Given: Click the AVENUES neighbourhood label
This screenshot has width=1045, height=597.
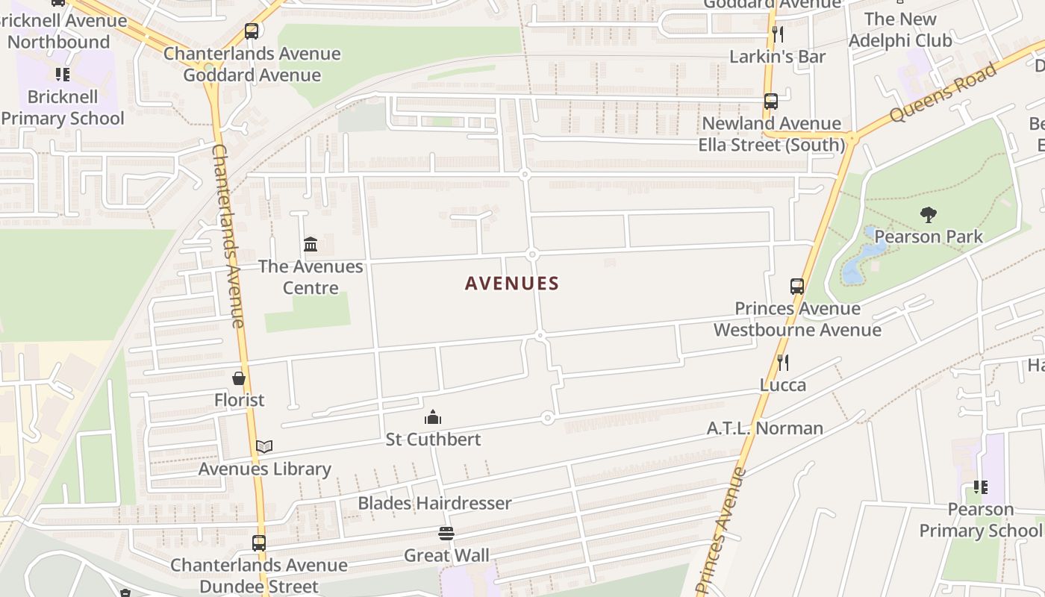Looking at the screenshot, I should [x=511, y=284].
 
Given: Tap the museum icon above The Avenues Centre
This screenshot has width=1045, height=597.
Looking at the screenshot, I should [x=311, y=244].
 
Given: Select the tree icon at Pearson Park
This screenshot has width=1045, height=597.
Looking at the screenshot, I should [x=928, y=215].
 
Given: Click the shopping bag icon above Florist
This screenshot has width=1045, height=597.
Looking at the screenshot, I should [x=239, y=378].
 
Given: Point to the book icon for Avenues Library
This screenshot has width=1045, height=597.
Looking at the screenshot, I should [x=264, y=446].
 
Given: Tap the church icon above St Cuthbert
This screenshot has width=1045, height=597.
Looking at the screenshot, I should [x=432, y=417].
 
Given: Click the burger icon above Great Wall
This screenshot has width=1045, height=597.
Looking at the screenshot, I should [x=446, y=534].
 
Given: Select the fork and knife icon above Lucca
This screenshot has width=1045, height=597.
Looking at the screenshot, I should [x=782, y=363].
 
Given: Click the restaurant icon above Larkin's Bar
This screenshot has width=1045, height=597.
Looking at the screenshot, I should [x=777, y=34].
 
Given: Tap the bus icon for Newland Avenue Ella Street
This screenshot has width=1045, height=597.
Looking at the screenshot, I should [x=771, y=101].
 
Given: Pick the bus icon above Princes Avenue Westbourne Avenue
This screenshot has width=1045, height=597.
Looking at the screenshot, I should [x=797, y=287].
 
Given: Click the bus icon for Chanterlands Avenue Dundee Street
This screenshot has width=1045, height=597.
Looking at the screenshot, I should [x=259, y=543].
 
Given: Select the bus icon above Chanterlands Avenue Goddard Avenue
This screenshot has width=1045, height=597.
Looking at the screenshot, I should [x=252, y=31].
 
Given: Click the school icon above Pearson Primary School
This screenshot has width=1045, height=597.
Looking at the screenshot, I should [x=980, y=487].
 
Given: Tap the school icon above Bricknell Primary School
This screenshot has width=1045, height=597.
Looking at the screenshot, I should [x=63, y=75].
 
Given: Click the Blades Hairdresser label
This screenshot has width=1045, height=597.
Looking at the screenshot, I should [x=434, y=503].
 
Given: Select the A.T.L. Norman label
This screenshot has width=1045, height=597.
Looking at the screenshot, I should [x=765, y=428].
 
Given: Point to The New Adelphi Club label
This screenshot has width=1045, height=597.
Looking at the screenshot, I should [x=900, y=30].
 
